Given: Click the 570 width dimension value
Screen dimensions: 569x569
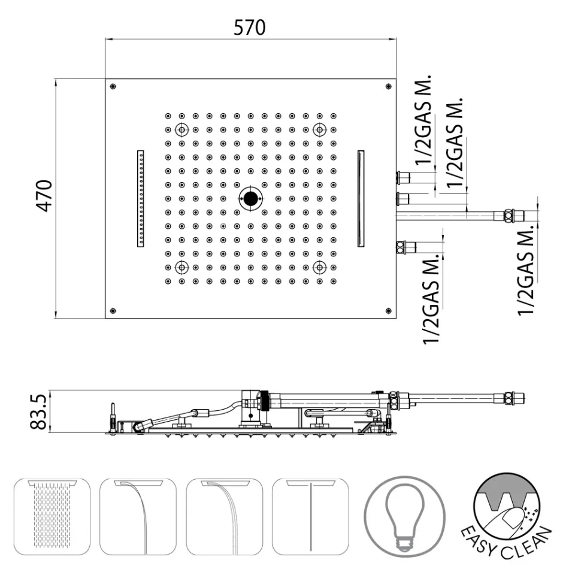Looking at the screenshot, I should coord(250,27).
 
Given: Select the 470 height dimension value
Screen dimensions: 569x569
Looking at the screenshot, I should coord(44,195).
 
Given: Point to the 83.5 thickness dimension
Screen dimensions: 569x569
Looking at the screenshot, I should coord(39,412).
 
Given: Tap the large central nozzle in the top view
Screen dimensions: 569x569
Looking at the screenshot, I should coord(250,198).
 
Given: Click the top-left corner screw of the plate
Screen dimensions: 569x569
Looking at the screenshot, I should coord(113,87).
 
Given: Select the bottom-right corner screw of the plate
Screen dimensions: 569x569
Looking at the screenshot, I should coord(389,310).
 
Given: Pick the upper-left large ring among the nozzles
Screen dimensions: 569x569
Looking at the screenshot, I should coord(181,129).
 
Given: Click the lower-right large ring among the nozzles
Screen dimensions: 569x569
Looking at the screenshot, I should coord(320,267).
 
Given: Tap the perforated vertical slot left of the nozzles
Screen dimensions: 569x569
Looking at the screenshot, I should coord(141,198).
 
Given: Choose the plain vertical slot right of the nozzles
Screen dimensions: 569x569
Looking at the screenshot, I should coord(361,198).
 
